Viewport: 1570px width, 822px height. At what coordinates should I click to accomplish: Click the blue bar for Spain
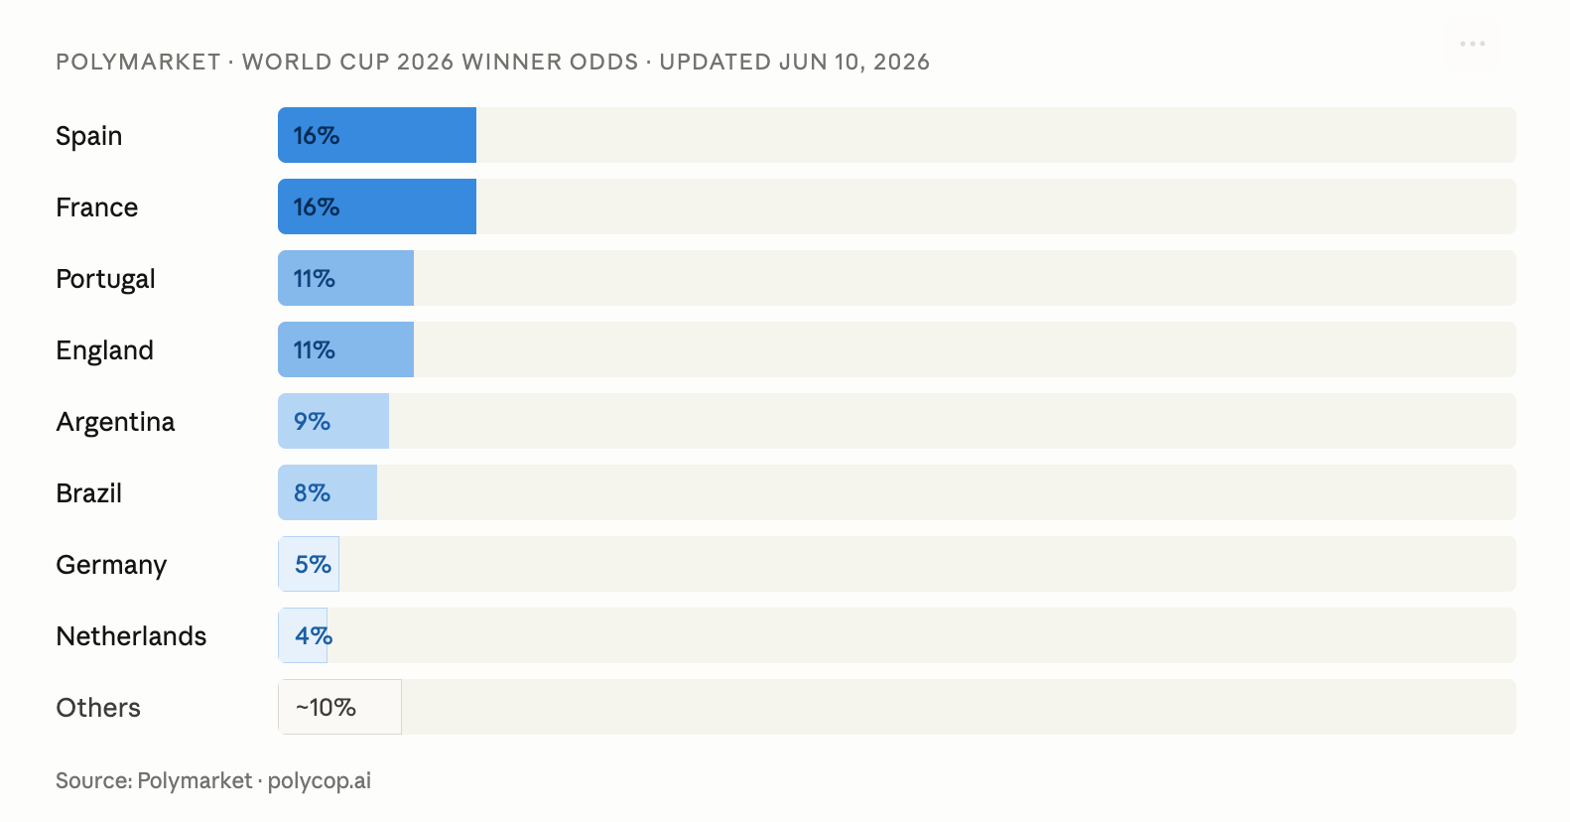click(377, 135)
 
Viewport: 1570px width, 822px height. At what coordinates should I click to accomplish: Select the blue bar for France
click(377, 206)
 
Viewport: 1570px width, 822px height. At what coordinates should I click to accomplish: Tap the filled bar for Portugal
click(345, 278)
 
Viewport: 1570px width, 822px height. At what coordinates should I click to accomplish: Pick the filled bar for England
click(345, 349)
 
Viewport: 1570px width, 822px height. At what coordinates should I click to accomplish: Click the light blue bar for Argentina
click(333, 421)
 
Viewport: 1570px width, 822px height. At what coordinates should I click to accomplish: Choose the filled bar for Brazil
click(327, 492)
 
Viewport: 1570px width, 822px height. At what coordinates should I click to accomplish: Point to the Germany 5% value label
click(313, 564)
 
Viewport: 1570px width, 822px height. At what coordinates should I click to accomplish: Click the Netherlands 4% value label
click(314, 635)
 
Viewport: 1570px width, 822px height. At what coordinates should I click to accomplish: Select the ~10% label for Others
click(326, 707)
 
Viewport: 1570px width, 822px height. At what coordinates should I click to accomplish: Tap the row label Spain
click(89, 136)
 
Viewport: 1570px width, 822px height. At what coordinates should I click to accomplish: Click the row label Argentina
click(115, 422)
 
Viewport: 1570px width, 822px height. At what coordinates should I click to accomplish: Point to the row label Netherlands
click(131, 636)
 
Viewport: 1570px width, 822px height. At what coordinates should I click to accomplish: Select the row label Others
click(98, 708)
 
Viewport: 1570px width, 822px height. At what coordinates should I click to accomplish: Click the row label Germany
click(111, 565)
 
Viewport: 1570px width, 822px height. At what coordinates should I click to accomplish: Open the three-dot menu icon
click(1473, 44)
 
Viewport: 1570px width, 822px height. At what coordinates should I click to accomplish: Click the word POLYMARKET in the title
click(138, 62)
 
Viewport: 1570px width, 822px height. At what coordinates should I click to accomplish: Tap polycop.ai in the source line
click(319, 780)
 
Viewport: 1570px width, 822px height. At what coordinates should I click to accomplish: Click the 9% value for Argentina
click(312, 421)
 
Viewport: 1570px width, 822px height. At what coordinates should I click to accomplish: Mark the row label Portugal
click(105, 279)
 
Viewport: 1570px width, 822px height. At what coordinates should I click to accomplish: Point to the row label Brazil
click(89, 493)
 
